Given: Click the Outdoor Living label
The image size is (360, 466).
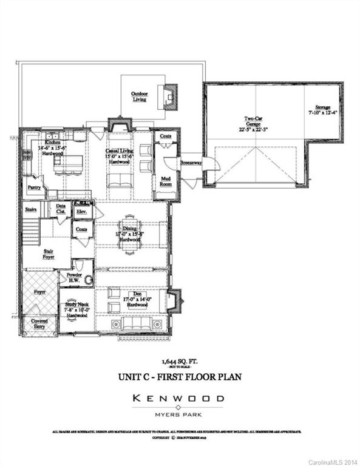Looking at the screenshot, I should [x=140, y=96].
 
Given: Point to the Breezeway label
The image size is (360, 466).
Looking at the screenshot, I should [x=191, y=163].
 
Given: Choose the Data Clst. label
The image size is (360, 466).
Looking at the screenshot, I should [x=61, y=209].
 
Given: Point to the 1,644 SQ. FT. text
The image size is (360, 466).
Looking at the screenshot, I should [x=180, y=360].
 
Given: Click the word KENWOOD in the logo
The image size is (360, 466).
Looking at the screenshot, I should [x=179, y=399].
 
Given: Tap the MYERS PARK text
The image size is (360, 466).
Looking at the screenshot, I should [x=180, y=416].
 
